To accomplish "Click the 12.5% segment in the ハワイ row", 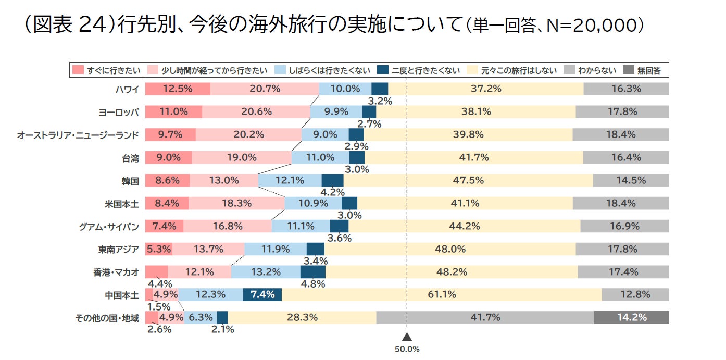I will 178,89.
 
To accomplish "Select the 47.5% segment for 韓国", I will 469,181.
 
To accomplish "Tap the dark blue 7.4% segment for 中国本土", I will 262,294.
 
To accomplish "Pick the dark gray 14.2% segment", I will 631,317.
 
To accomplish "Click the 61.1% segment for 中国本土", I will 442,294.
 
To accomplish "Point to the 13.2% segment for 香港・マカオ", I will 266,272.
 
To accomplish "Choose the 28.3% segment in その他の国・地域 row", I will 302,317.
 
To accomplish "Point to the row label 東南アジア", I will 119,249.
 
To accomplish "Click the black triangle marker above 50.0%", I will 407,337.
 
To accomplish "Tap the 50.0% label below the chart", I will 407,350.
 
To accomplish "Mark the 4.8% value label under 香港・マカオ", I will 313,284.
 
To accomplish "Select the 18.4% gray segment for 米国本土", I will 621,203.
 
